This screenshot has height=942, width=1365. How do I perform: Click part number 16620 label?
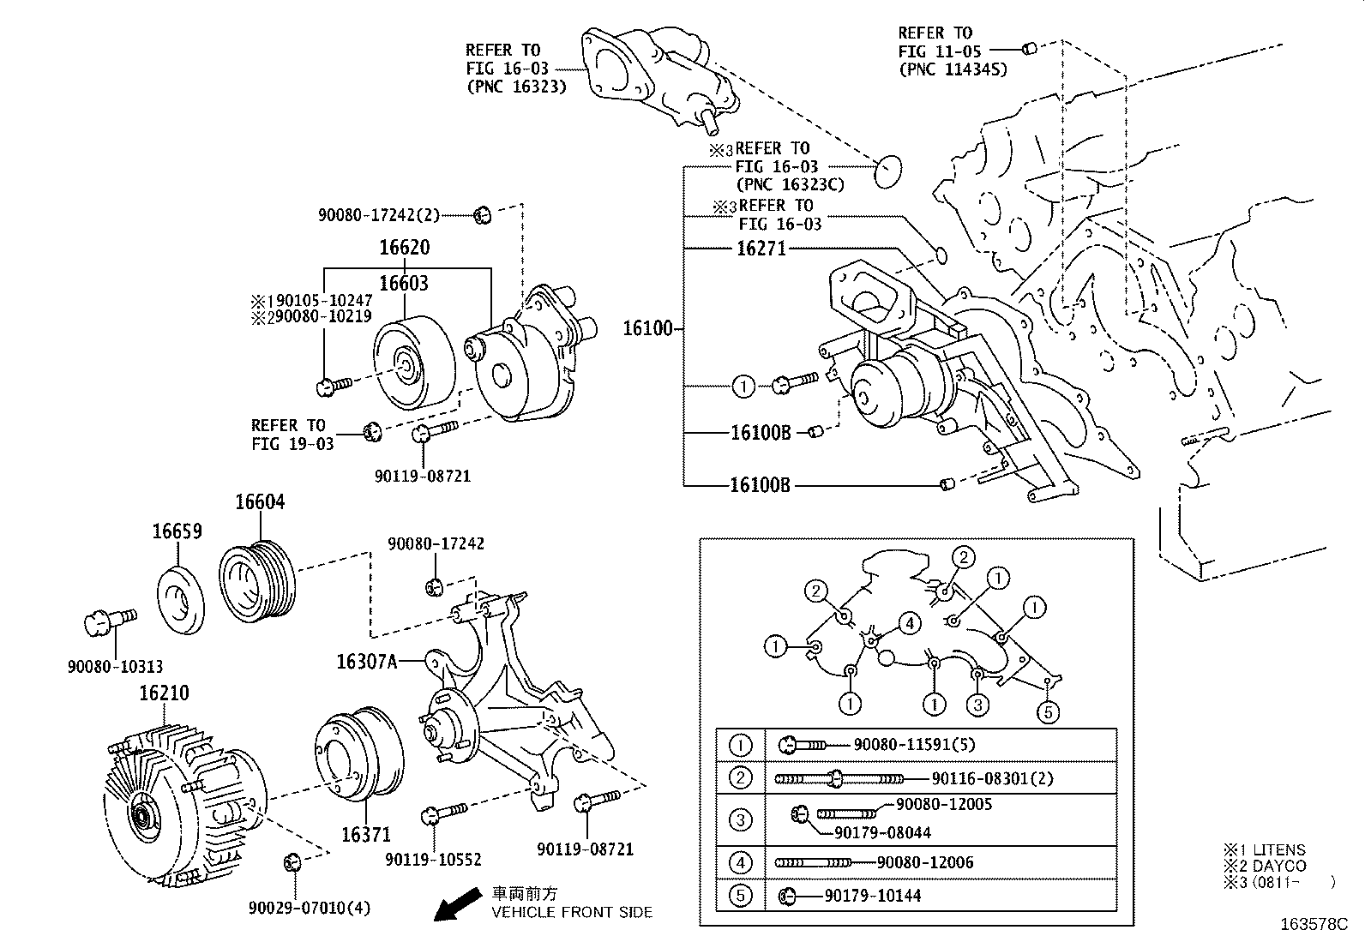point(405,248)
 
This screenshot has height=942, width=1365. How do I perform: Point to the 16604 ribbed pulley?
point(256,579)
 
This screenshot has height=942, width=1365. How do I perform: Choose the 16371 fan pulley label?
point(365,833)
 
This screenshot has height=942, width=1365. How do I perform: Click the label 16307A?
point(366,661)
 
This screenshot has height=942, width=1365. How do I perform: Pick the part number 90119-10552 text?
point(433,859)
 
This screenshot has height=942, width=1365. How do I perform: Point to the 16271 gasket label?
point(761,249)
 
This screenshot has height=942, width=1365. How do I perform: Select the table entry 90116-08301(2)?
point(992,779)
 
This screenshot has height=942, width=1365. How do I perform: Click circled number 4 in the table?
point(741,862)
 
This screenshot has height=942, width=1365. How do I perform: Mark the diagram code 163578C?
point(1314,925)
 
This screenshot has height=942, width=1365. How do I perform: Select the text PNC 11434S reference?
point(953,69)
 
